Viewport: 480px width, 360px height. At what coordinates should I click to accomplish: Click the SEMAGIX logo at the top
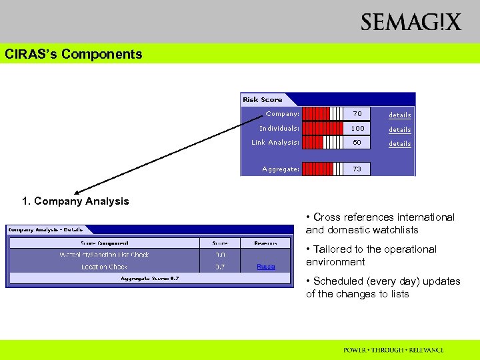pyautogui.click(x=411, y=22)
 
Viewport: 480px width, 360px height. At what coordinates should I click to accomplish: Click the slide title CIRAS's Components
pyautogui.click(x=73, y=55)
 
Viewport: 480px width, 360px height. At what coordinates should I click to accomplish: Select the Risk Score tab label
pyautogui.click(x=262, y=99)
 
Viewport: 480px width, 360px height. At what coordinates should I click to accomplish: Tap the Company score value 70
pyautogui.click(x=357, y=114)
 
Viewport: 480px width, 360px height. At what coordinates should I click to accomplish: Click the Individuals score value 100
pyautogui.click(x=357, y=128)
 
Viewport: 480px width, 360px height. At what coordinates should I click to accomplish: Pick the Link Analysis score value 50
pyautogui.click(x=357, y=143)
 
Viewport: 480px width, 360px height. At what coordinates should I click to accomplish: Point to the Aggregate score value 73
pyautogui.click(x=357, y=169)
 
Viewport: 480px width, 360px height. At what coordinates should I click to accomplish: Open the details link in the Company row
pyautogui.click(x=400, y=115)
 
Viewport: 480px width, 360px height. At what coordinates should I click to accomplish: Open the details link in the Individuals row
pyautogui.click(x=400, y=129)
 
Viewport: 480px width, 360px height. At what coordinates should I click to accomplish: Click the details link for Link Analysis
pyautogui.click(x=400, y=143)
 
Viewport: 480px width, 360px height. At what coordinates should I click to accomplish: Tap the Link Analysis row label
pyautogui.click(x=275, y=143)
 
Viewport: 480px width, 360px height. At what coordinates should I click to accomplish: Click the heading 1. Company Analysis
pyautogui.click(x=75, y=201)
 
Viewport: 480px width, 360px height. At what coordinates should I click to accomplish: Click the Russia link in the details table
pyautogui.click(x=266, y=267)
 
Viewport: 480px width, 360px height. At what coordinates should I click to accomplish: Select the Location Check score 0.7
pyautogui.click(x=220, y=267)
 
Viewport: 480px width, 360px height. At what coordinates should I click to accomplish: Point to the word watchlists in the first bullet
pyautogui.click(x=396, y=230)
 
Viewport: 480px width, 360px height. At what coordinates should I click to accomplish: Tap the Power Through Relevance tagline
pyautogui.click(x=393, y=350)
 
